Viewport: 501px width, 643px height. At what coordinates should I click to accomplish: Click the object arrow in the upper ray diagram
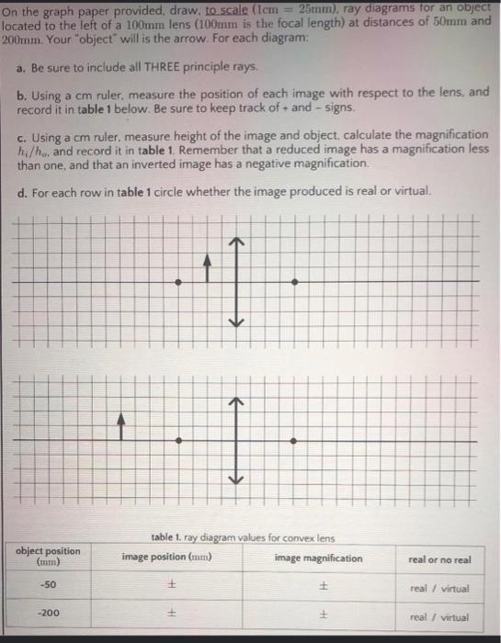pyautogui.click(x=208, y=267)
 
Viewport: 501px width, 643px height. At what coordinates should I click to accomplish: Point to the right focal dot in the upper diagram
pyautogui.click(x=293, y=281)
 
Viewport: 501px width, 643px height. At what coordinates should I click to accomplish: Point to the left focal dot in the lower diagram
pyautogui.click(x=178, y=442)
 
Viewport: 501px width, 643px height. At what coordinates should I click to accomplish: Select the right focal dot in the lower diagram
pyautogui.click(x=293, y=442)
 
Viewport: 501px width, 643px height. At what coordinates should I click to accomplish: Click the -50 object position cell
pyautogui.click(x=48, y=586)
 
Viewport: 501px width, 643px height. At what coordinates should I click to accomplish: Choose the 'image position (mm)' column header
pyautogui.click(x=166, y=558)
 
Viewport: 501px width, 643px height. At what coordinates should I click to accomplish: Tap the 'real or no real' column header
pyautogui.click(x=438, y=558)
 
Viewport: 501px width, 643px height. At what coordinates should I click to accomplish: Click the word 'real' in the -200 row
pyautogui.click(x=419, y=617)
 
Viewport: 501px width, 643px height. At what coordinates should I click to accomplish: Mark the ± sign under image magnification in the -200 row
pyautogui.click(x=324, y=616)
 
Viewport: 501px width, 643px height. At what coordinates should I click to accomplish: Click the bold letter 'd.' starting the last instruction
pyautogui.click(x=21, y=192)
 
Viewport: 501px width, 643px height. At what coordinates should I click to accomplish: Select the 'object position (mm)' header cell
pyautogui.click(x=48, y=556)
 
